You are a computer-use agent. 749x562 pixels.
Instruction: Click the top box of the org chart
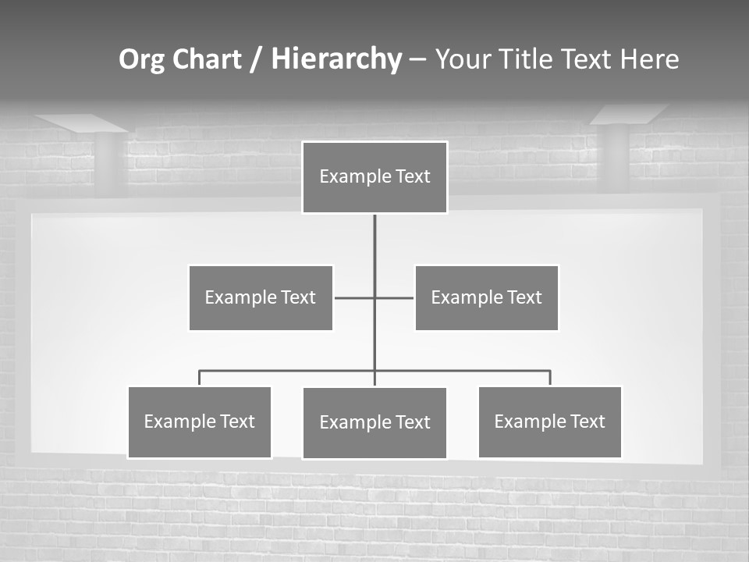pos(374,177)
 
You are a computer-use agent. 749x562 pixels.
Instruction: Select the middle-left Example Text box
pos(261,297)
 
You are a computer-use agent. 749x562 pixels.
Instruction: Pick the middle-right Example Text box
pos(486,297)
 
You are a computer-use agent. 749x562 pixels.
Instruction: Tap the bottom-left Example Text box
pos(200,421)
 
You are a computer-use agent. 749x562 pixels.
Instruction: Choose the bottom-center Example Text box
pos(374,422)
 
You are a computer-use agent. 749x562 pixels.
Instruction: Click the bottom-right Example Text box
pos(549,421)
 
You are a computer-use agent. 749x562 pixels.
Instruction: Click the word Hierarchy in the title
pos(336,59)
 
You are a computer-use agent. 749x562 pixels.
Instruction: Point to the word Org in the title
pos(141,59)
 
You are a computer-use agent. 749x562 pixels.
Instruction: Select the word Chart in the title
pos(207,59)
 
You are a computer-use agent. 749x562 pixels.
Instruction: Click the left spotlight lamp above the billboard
pos(81,123)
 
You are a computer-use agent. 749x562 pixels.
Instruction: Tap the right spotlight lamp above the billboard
pos(629,115)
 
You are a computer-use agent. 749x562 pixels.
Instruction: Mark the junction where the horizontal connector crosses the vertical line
pos(374,297)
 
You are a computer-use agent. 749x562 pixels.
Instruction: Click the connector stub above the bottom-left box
pos(200,378)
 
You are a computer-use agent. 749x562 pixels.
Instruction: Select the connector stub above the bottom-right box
pos(550,378)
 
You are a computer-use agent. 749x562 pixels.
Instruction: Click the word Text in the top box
pos(411,176)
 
